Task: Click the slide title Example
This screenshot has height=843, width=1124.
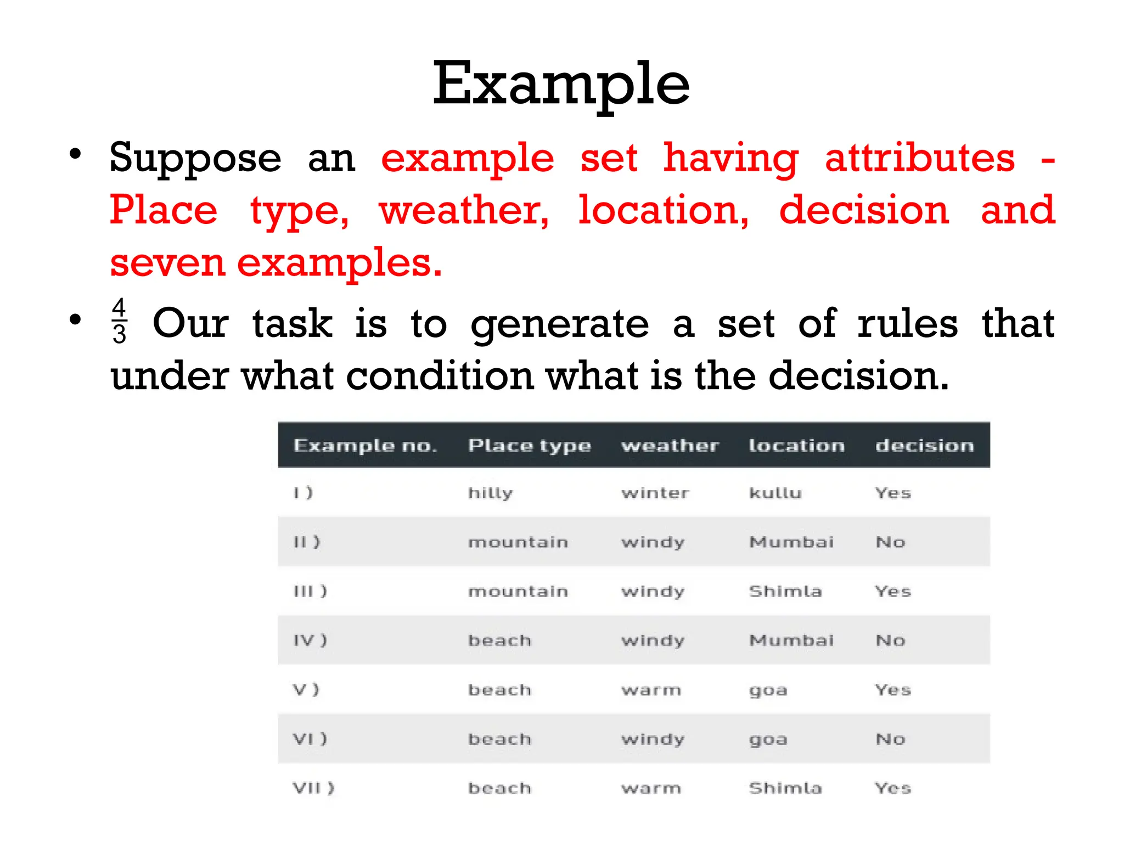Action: [x=561, y=83]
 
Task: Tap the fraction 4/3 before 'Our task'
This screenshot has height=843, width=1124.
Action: [x=119, y=321]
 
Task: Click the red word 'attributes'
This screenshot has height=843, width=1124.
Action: [x=920, y=158]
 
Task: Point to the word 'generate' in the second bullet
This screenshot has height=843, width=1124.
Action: [x=559, y=324]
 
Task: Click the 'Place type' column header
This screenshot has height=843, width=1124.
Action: [x=529, y=445]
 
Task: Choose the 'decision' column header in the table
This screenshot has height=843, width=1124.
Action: [x=924, y=445]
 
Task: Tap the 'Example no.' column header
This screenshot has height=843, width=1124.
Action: [x=365, y=445]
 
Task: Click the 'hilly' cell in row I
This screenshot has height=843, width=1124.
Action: [x=490, y=493]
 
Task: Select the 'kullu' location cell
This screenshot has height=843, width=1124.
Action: [x=775, y=493]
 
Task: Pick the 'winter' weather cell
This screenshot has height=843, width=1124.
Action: [x=655, y=493]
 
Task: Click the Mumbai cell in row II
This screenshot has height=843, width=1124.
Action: [x=791, y=542]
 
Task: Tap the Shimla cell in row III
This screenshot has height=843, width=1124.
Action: [x=785, y=591]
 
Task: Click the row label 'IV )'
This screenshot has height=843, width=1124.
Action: [x=310, y=640]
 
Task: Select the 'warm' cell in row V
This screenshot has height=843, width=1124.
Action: [x=651, y=690]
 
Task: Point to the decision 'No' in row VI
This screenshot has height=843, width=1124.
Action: [x=890, y=739]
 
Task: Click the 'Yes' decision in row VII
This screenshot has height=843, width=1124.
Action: [x=892, y=789]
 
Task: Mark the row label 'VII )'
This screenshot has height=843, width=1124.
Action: [x=313, y=789]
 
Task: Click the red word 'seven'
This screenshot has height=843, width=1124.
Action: [x=167, y=263]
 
